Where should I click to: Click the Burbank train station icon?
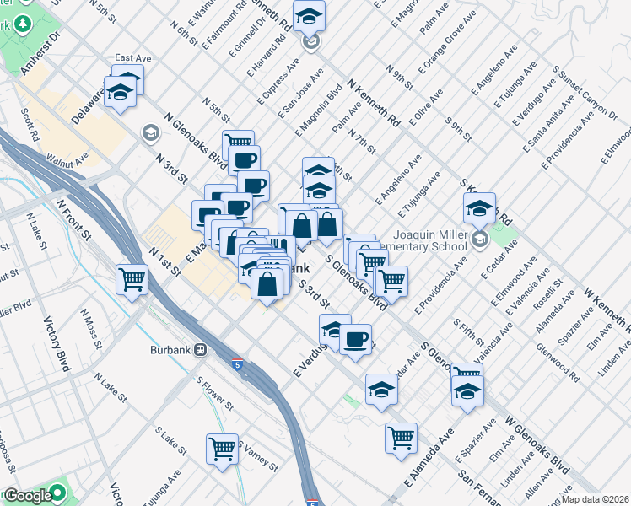[x=201, y=349]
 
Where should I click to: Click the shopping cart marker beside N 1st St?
[x=132, y=278]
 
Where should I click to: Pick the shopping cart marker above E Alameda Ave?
[x=401, y=437]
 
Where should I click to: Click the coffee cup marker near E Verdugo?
[x=354, y=339]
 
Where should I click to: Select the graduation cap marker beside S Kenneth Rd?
[x=478, y=207]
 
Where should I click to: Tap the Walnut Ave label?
[x=67, y=158]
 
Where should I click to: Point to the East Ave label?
[x=132, y=58]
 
